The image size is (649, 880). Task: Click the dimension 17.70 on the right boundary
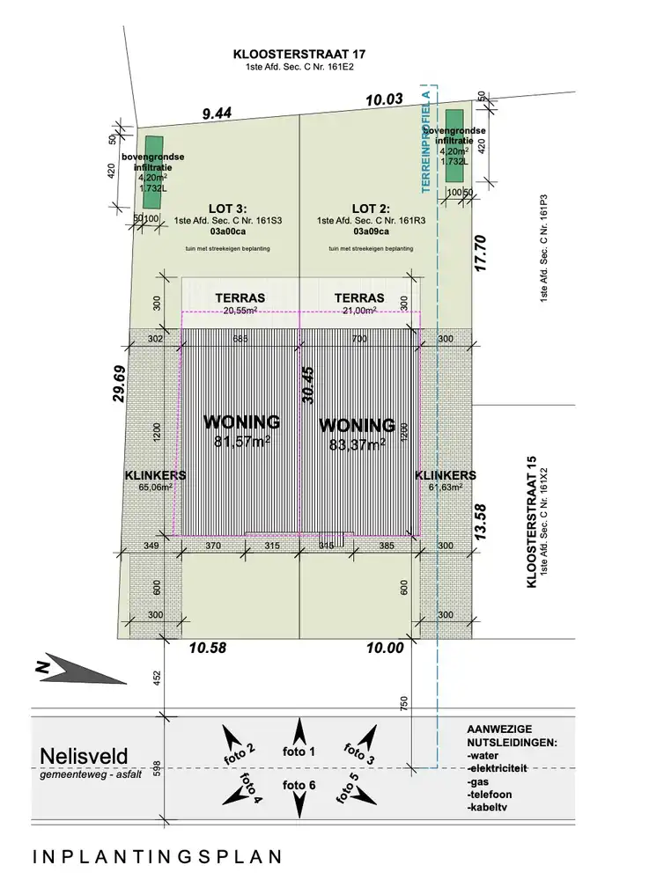click(x=479, y=252)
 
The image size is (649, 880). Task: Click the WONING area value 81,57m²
click(x=241, y=441)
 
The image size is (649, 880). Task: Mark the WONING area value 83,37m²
click(x=357, y=445)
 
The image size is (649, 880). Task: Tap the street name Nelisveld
click(x=84, y=756)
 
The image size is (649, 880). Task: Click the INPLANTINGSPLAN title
click(x=158, y=856)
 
